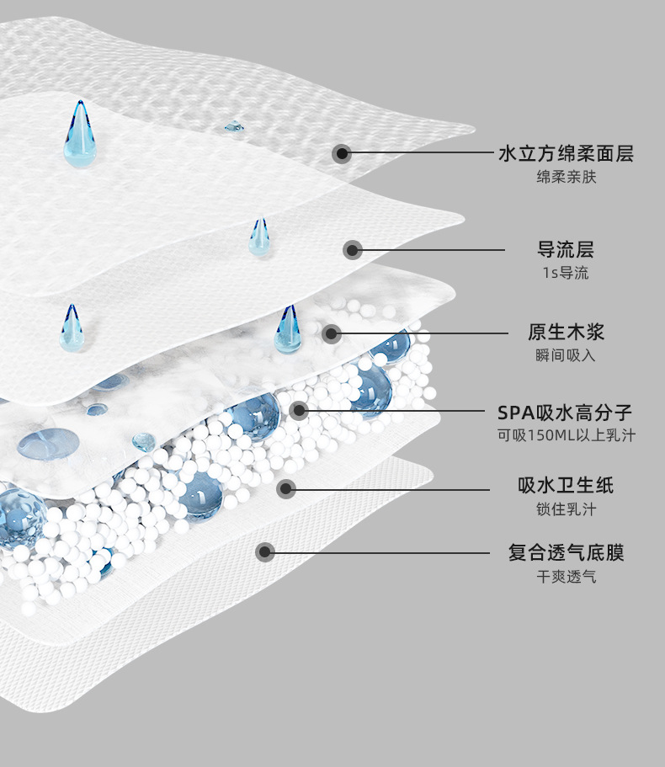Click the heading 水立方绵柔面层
(566, 153)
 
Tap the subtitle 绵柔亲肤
(566, 178)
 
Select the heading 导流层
(566, 249)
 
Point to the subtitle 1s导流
(566, 273)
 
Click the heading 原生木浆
(566, 332)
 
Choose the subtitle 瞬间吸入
(566, 355)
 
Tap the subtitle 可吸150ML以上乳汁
(566, 435)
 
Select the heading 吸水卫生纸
(566, 485)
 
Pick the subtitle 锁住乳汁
(566, 509)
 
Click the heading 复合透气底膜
(566, 553)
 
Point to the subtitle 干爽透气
(566, 577)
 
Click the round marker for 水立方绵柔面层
(341, 153)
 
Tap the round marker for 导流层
(353, 249)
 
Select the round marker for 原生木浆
(332, 333)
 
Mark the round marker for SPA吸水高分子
(299, 411)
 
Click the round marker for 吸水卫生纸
(286, 487)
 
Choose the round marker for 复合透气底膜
(265, 552)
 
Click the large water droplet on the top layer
(80, 136)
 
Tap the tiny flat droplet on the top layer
(233, 127)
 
